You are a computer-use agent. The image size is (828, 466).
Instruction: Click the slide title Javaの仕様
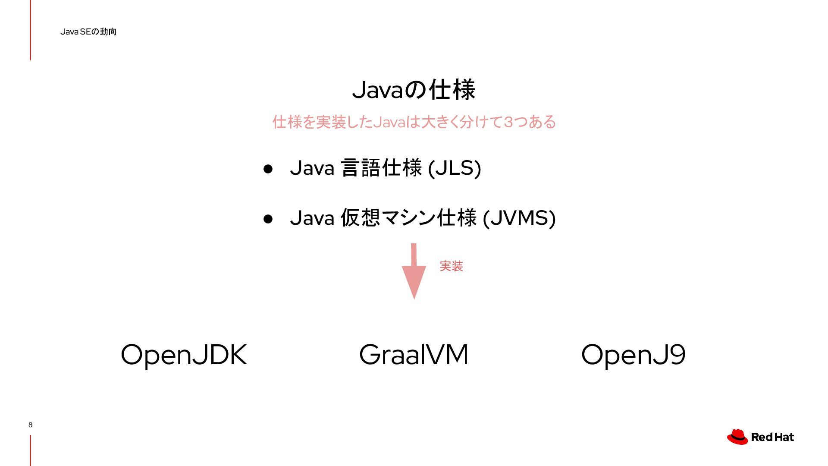coord(414,90)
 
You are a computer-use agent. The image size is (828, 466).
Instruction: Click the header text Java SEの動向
coord(88,31)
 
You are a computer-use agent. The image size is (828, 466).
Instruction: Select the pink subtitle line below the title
coord(414,122)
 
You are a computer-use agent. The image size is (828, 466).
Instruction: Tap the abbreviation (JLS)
coord(455,168)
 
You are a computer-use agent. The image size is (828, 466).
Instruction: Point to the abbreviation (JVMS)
coord(519,218)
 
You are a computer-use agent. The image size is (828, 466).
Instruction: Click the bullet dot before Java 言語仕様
coord(268,169)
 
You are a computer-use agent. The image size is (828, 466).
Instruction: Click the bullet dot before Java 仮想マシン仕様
coord(268,219)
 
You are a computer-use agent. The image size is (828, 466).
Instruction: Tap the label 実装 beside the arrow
coord(451,266)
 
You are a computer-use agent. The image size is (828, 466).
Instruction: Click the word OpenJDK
coord(184,355)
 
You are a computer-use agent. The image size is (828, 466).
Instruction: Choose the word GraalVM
coord(414,355)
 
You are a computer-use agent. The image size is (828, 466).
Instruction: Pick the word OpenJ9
coord(633,355)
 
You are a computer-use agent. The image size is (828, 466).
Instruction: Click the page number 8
coord(30,425)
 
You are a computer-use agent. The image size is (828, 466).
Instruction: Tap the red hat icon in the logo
coord(737,437)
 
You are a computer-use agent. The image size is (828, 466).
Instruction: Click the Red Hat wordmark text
coord(772,437)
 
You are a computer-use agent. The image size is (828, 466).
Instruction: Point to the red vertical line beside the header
coord(31,30)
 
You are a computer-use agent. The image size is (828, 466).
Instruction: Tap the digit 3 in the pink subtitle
coord(508,122)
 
